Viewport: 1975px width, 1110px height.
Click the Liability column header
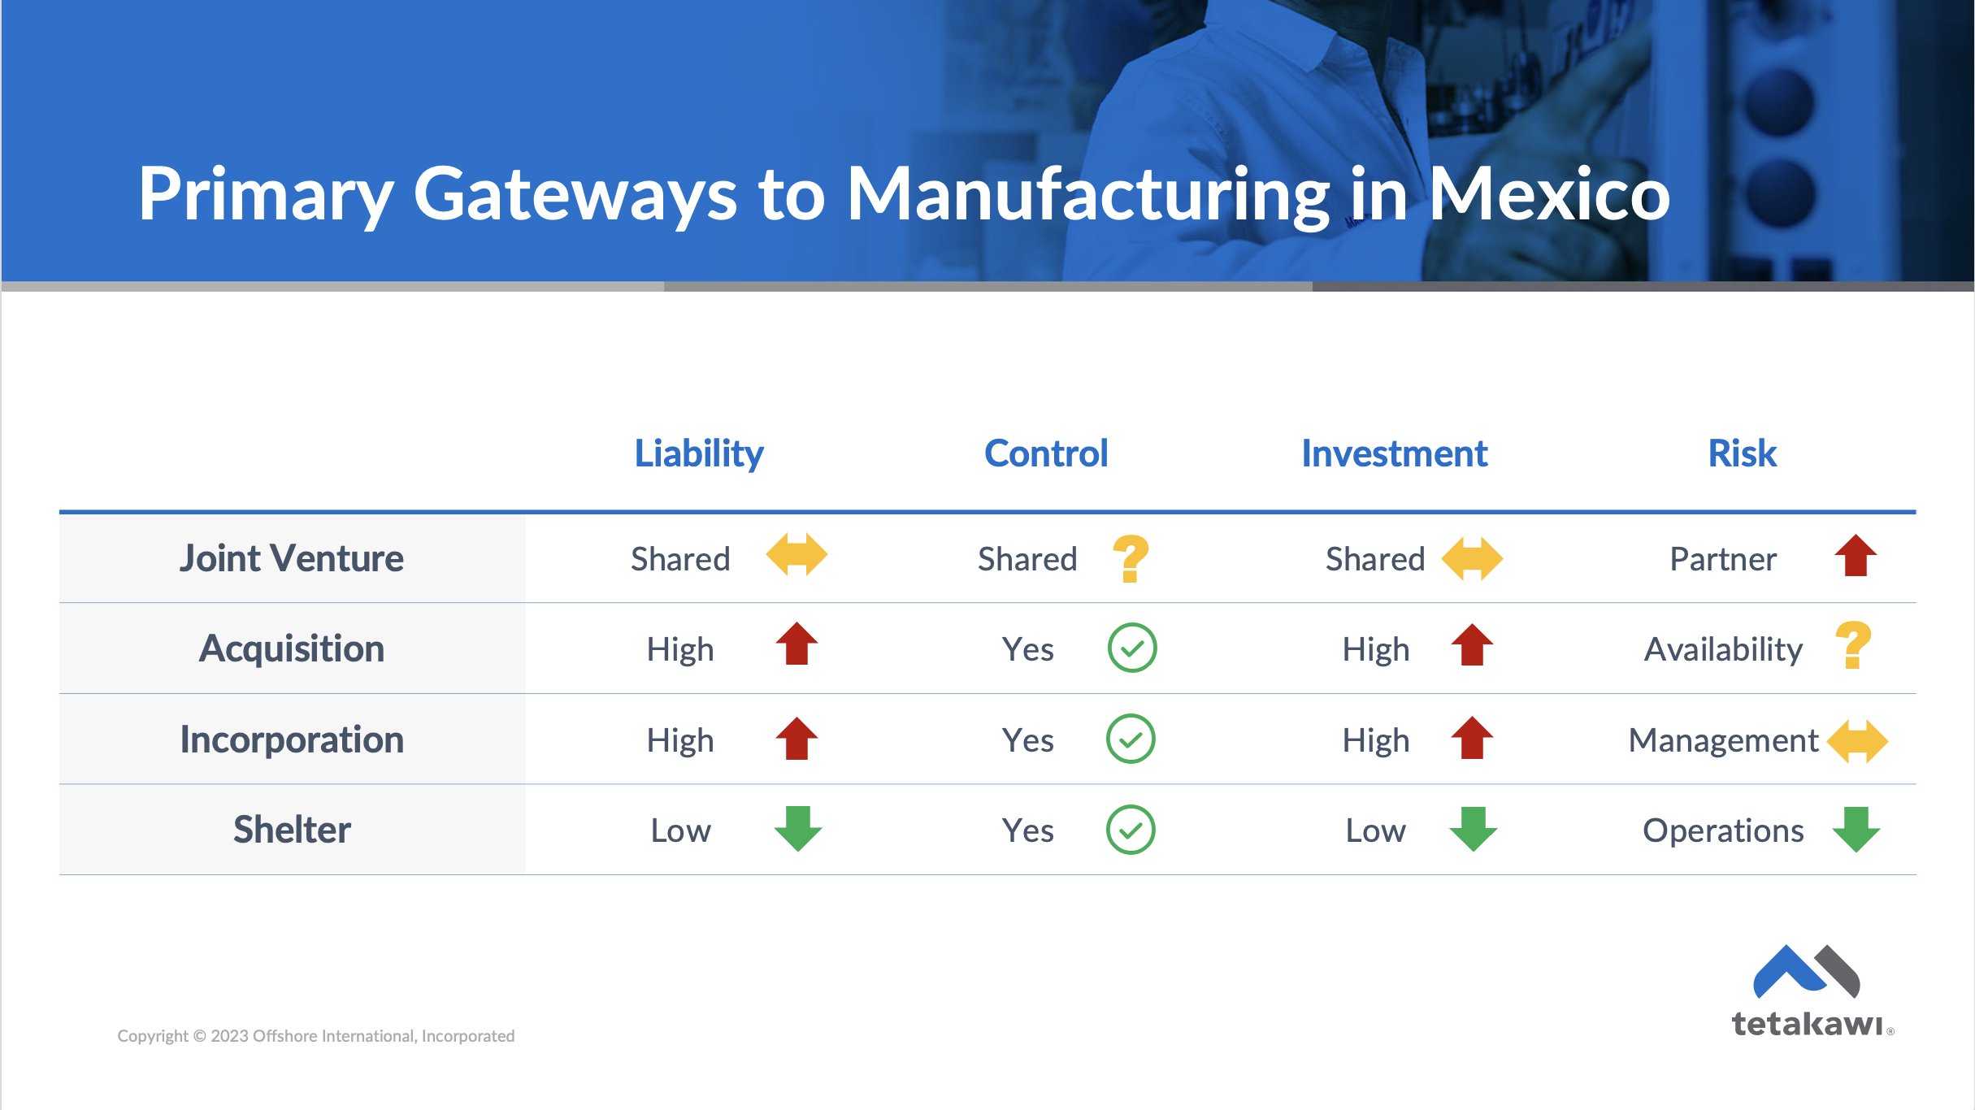tap(699, 453)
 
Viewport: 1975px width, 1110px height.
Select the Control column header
tap(1046, 453)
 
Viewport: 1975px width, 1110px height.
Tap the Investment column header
tap(1394, 453)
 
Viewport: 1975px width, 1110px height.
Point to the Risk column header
tap(1742, 453)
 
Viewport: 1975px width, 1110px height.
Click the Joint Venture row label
tap(292, 558)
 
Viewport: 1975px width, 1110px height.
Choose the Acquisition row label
tap(292, 648)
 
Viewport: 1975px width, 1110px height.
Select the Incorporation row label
tap(292, 739)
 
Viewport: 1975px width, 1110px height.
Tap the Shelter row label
tap(292, 830)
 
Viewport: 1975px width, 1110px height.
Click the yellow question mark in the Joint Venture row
tap(1131, 558)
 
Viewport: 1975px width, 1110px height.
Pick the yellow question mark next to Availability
tap(1854, 645)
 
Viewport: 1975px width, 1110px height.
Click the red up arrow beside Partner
tap(1856, 556)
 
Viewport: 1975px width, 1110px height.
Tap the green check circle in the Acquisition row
tap(1132, 648)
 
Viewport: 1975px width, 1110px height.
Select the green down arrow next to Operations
tap(1856, 829)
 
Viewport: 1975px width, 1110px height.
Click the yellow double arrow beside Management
tap(1857, 741)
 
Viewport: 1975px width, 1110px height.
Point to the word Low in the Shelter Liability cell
tap(680, 830)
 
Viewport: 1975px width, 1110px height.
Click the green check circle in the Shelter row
tap(1131, 830)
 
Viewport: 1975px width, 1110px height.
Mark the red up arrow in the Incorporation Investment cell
tap(1472, 738)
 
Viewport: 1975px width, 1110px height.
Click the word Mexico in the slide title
tap(1549, 194)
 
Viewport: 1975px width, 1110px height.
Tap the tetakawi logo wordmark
tap(1807, 1024)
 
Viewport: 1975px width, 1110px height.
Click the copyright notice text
tap(315, 1036)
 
